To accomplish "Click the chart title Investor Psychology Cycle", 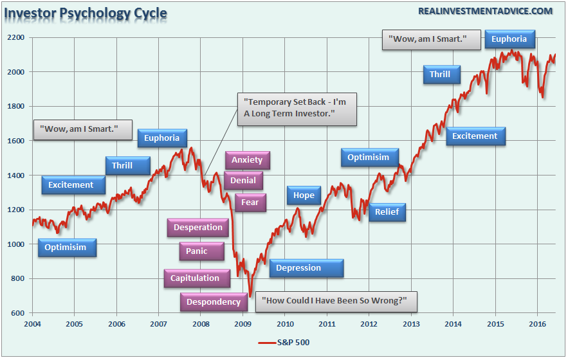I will coord(87,13).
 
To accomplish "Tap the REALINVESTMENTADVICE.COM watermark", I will coord(485,11).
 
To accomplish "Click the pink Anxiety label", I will coord(247,160).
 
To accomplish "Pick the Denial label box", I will coord(243,181).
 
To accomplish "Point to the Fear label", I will coord(250,203).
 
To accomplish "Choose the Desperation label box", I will coord(198,228).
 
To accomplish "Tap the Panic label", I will coord(196,251).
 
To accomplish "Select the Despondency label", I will coord(214,301).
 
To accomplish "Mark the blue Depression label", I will coord(298,268).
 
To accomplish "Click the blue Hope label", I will coord(304,195).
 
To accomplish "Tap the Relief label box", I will coord(387,212).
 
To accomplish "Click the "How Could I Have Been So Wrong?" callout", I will coord(336,301).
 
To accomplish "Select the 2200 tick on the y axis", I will coord(15,38).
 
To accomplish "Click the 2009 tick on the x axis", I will coord(243,324).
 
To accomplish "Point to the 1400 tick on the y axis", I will coord(15,175).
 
